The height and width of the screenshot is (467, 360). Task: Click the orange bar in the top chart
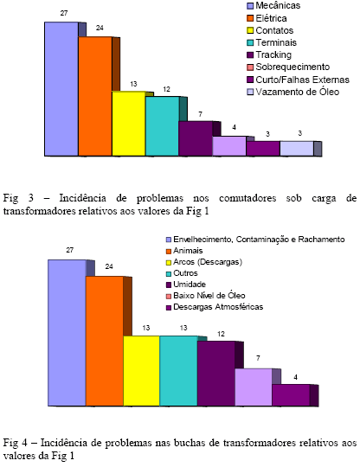point(95,96)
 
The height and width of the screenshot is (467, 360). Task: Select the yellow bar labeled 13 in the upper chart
point(129,124)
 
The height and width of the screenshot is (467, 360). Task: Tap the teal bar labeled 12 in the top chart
point(162,126)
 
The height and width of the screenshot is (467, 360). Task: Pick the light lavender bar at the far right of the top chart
point(297,149)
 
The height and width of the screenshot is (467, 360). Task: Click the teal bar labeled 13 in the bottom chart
point(178,371)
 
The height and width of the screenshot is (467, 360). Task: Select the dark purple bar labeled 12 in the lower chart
point(216,374)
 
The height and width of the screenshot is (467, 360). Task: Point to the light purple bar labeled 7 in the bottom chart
point(254,387)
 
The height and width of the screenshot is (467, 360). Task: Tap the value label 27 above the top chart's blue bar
point(64,13)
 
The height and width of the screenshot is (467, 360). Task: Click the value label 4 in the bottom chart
point(295,377)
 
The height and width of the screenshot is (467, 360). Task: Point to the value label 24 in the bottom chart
point(109,266)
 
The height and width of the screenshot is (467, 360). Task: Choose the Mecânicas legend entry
point(273,5)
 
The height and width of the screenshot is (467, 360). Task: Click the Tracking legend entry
point(269,54)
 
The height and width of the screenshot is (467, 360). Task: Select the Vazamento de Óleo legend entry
point(293,92)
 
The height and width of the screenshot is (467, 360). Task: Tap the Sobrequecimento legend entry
point(288,67)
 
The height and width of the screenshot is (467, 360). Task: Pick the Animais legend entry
point(184,251)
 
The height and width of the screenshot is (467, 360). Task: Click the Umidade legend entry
point(186,285)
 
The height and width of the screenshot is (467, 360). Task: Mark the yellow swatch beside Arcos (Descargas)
point(169,262)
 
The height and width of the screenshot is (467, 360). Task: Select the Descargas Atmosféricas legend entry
point(215,307)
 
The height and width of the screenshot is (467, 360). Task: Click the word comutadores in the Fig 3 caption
point(247,198)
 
